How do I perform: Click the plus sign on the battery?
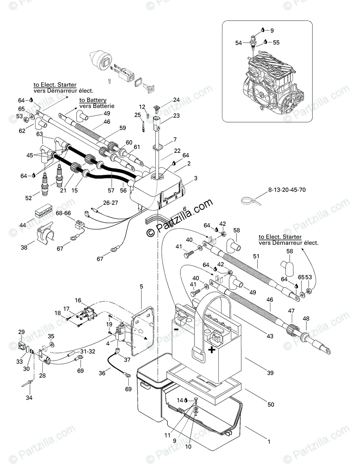211,349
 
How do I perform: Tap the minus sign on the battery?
176,329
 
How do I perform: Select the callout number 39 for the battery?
270,373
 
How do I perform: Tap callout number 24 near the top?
176,100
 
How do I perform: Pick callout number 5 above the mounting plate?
141,286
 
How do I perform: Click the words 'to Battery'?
92,100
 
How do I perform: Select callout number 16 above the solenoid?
78,301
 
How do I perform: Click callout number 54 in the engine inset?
239,42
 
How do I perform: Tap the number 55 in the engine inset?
276,42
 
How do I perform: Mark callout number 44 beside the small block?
23,225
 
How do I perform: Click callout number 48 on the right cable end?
306,318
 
